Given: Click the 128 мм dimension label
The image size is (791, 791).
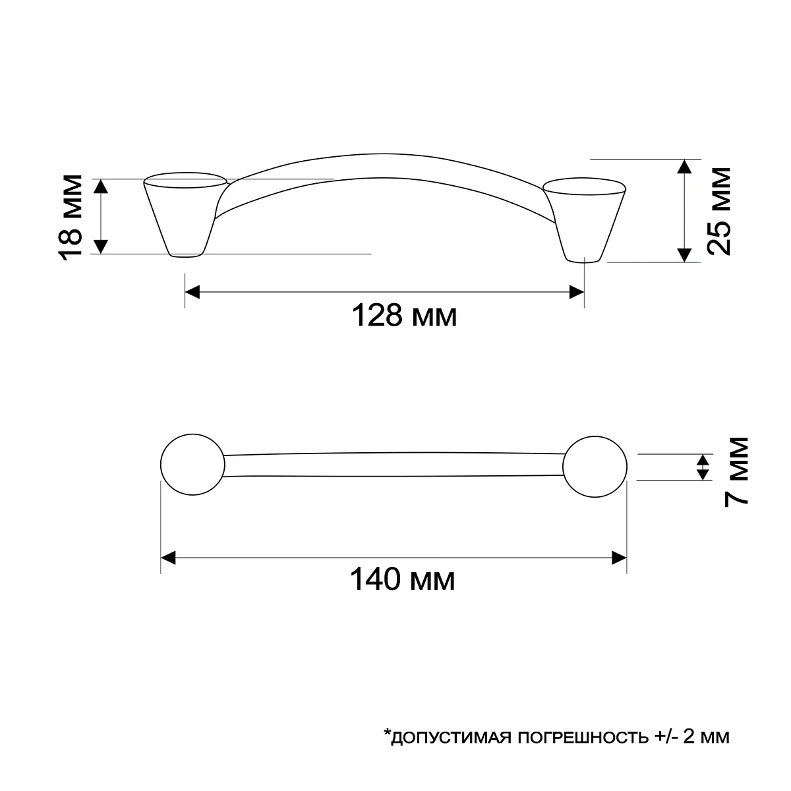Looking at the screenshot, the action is tap(404, 315).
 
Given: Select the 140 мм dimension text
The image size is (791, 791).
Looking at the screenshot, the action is tap(402, 579).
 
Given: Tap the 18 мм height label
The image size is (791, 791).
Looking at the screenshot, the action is tap(71, 218).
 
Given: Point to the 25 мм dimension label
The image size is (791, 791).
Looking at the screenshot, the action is tap(718, 211).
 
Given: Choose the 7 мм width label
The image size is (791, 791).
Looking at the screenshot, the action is tap(736, 472).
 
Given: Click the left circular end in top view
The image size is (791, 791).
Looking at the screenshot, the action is tap(192, 465).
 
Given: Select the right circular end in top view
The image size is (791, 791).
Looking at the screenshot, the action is tap(595, 467).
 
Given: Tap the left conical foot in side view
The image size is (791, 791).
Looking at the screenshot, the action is tap(185, 215).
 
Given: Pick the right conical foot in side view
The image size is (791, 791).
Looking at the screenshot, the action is tap(585, 220).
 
